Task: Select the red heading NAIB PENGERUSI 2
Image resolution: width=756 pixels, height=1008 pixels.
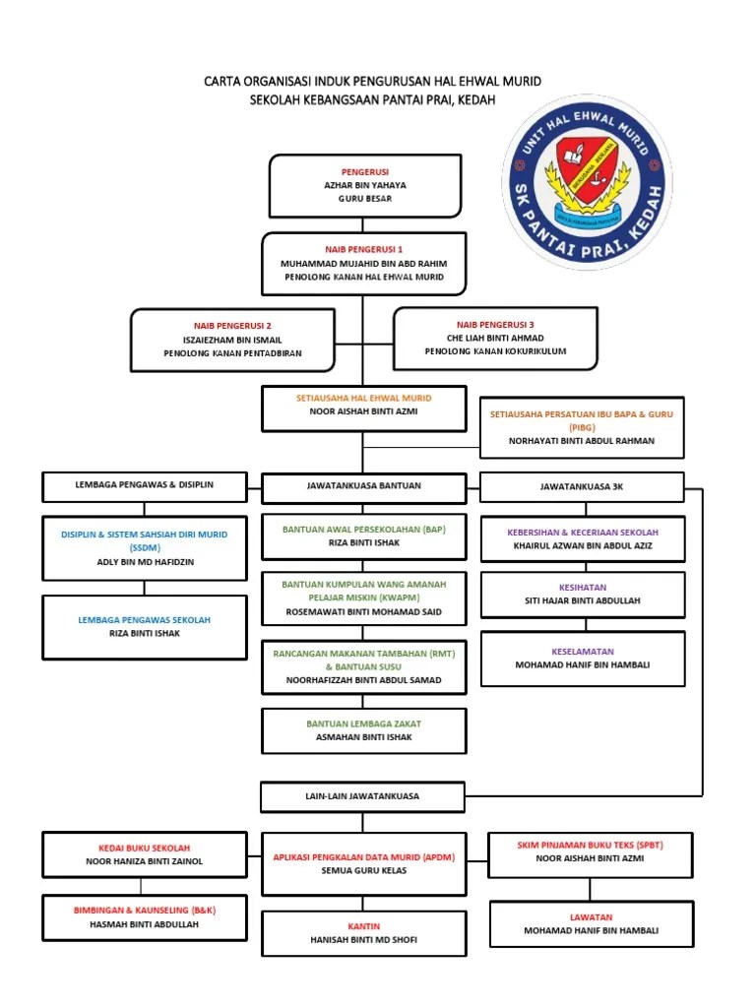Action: point(232,325)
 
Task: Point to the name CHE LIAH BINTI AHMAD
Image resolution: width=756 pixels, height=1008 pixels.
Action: point(495,338)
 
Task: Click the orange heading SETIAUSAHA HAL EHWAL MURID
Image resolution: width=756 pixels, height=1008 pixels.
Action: point(363,398)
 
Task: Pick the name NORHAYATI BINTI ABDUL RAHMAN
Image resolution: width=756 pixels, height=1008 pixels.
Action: point(581,441)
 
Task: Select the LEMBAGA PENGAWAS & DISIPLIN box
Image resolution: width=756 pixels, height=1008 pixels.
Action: point(145,485)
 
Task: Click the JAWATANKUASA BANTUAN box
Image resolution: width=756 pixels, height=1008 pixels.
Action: point(363,486)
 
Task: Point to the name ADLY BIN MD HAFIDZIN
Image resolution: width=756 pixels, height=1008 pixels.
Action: point(145,561)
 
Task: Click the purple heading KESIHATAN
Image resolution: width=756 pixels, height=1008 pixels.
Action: point(582,587)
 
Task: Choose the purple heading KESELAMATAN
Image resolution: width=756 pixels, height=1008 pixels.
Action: point(582,651)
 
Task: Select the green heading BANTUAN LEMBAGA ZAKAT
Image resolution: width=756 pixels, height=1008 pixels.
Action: point(363,724)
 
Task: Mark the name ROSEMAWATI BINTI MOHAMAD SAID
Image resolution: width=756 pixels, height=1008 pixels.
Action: point(363,611)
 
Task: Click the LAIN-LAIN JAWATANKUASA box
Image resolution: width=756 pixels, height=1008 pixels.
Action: point(363,794)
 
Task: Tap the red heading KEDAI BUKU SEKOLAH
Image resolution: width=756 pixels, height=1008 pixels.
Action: point(145,848)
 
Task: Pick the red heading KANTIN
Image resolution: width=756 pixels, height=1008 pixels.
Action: point(363,926)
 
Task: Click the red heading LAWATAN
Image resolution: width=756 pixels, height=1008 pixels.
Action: point(591,916)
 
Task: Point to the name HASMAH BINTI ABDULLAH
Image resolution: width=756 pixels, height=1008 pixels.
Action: point(145,924)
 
